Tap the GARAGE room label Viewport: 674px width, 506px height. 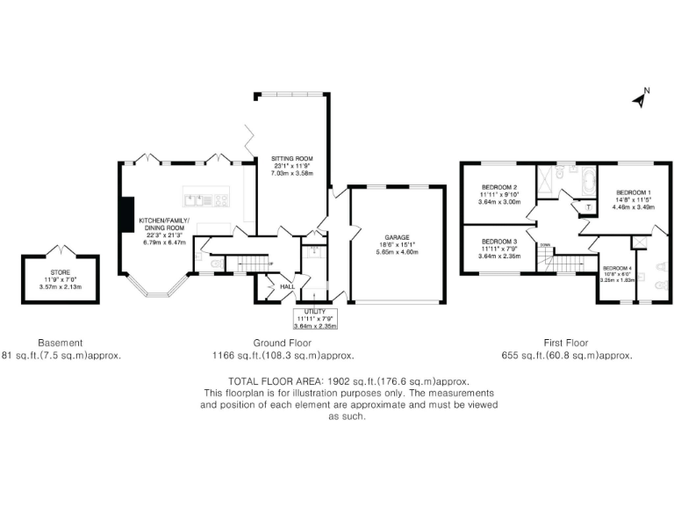point(394,235)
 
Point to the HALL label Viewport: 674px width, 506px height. point(287,286)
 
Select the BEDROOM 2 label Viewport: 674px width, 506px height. point(498,187)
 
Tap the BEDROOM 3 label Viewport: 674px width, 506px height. point(498,241)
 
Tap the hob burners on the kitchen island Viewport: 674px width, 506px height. point(220,199)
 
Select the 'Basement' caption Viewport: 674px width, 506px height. point(61,343)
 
